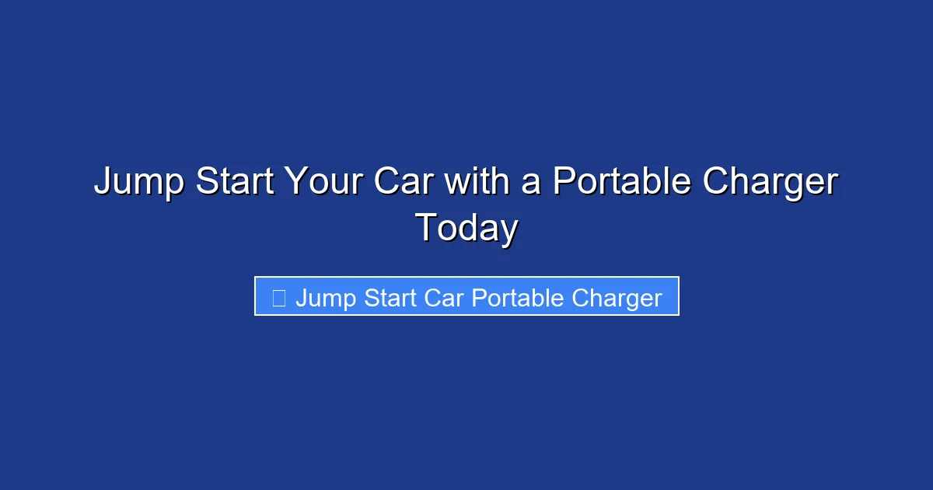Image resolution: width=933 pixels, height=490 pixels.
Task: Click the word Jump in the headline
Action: [x=138, y=182]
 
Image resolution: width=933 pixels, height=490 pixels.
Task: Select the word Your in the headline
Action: [x=324, y=182]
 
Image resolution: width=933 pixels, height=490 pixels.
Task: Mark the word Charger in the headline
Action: [x=770, y=182]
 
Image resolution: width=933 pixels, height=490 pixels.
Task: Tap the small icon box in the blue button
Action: [x=279, y=297]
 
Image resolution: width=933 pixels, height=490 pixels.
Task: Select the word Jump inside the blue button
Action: [x=324, y=299]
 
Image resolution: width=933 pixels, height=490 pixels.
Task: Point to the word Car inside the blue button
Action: [x=445, y=298]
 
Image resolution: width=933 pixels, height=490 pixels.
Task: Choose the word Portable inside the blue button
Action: [x=518, y=298]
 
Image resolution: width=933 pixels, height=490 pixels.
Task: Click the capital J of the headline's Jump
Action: [x=102, y=182]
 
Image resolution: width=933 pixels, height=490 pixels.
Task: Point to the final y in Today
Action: [x=508, y=232]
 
